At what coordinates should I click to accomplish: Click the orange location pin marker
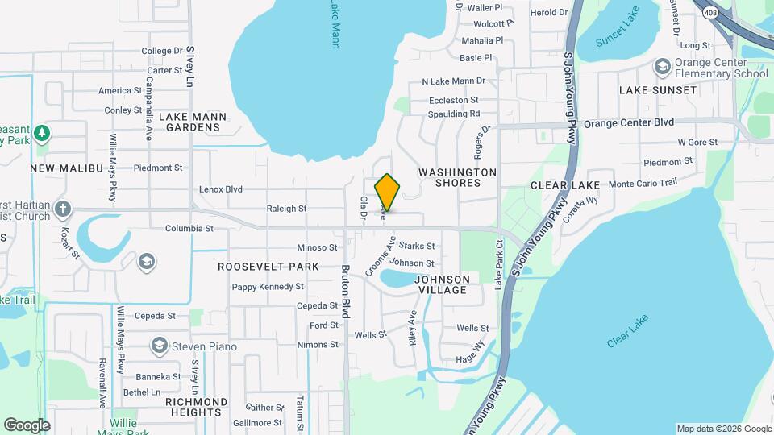click(387, 192)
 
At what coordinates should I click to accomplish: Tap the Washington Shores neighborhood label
click(457, 177)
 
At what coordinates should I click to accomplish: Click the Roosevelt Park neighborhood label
click(268, 267)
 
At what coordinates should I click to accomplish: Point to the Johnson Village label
click(441, 284)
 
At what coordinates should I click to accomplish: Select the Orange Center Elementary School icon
click(663, 65)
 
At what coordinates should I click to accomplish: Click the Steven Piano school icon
click(159, 346)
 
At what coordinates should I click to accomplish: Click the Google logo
click(27, 425)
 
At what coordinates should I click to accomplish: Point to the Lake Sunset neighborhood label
click(657, 90)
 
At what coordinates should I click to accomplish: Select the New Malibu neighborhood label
click(68, 168)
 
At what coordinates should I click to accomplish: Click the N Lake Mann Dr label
click(453, 81)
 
